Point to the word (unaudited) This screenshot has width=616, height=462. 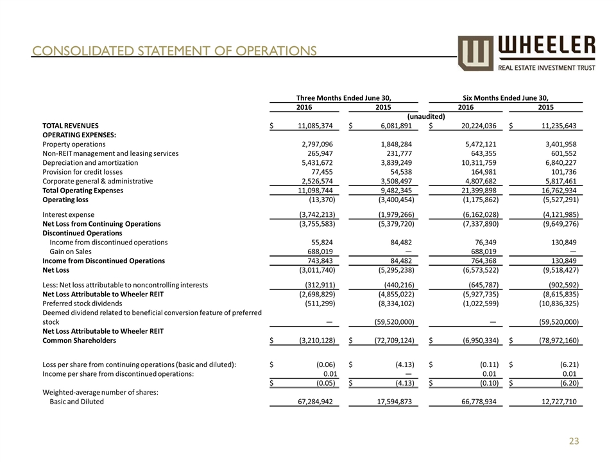tap(426, 116)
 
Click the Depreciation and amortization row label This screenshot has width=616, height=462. tap(90, 163)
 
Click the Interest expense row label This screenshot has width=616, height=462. tap(68, 214)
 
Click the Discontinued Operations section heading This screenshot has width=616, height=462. tap(81, 233)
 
